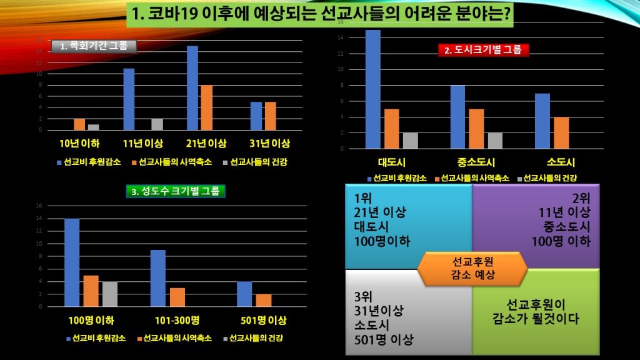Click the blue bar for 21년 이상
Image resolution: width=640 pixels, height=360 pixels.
tap(192, 88)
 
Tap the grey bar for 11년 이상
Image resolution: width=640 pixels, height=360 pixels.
tap(157, 124)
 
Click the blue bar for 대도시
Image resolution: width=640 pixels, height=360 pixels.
tap(373, 89)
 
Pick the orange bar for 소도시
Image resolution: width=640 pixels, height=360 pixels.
tap(561, 132)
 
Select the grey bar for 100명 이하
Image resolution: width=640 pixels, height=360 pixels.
tap(109, 294)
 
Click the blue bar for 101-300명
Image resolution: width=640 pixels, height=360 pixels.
tap(158, 278)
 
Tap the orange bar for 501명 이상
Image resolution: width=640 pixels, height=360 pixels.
tap(264, 300)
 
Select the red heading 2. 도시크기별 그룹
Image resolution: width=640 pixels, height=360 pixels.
tap(483, 51)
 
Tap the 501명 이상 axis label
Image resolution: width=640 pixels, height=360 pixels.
tap(264, 321)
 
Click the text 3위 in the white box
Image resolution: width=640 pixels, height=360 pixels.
tap(362, 296)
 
